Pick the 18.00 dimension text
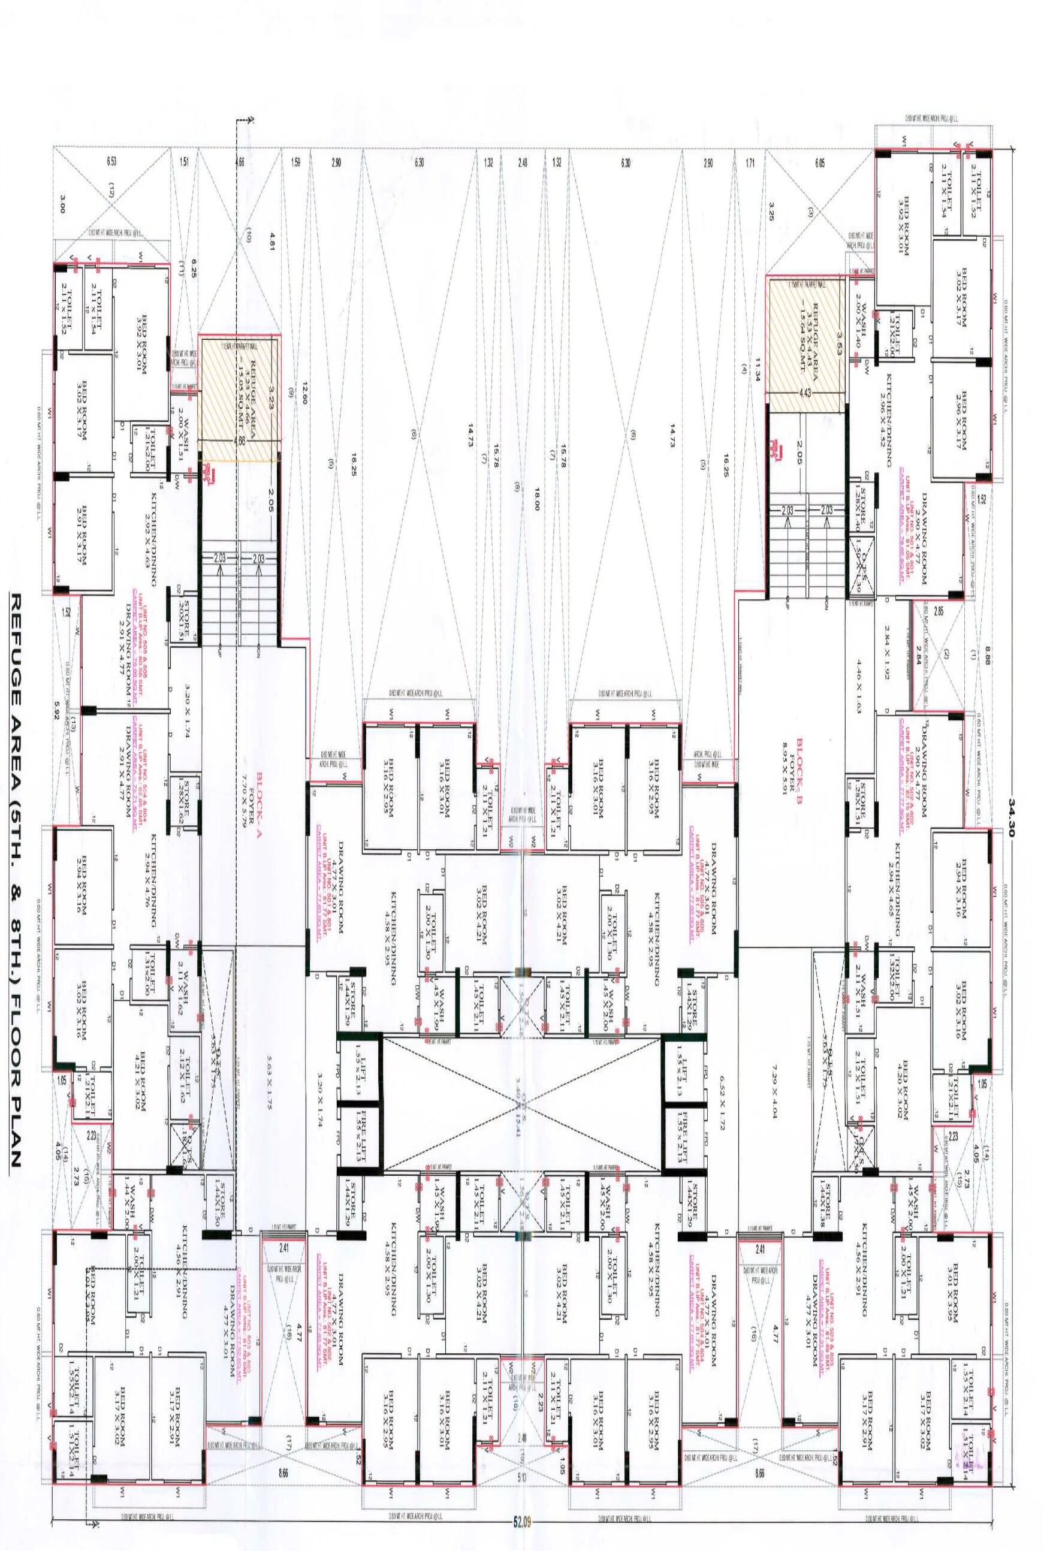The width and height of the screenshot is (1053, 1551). pos(536,497)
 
